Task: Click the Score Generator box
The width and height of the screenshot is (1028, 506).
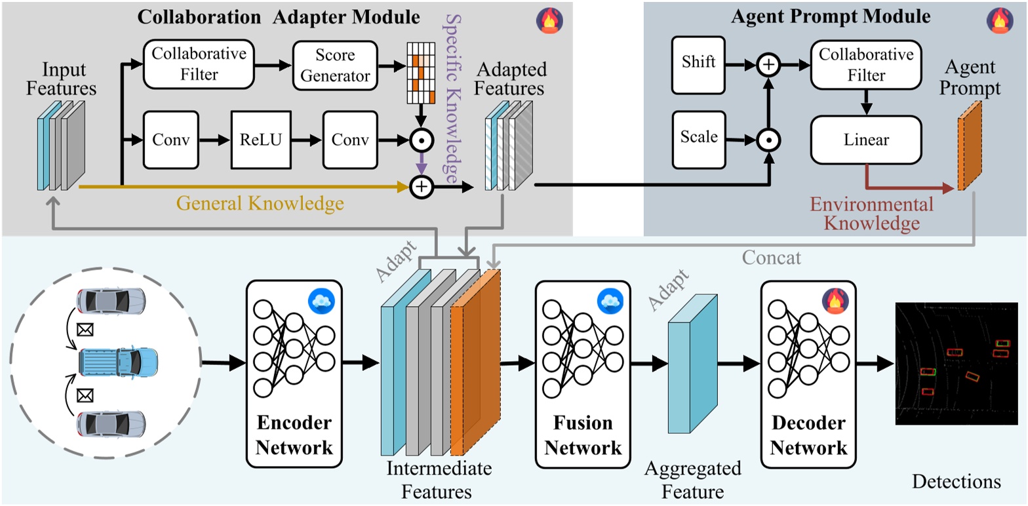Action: point(335,65)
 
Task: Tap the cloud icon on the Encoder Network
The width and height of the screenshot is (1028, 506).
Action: point(322,301)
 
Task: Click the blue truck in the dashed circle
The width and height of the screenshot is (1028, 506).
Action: point(118,361)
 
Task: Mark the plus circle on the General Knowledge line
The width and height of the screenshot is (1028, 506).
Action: point(422,187)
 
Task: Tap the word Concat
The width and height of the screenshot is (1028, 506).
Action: point(773,258)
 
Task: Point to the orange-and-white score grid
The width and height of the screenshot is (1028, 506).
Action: point(421,73)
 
